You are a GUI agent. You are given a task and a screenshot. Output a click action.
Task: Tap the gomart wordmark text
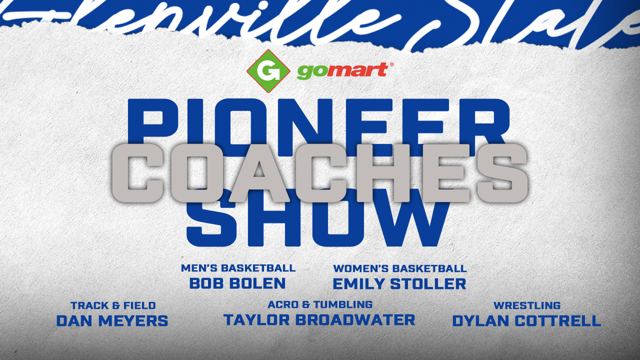[x=342, y=71]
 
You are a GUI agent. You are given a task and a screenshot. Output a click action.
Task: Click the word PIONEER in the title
[x=319, y=122]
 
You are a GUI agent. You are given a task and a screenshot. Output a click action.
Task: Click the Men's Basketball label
[x=238, y=268]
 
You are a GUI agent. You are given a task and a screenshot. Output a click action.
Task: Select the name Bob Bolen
[x=237, y=283]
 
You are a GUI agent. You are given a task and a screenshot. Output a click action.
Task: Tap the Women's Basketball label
[x=400, y=268]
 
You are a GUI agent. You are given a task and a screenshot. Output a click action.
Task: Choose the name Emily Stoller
[x=399, y=284]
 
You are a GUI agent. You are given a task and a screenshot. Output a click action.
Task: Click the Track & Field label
[x=113, y=305]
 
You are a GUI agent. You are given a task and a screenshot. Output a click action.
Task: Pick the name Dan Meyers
[x=112, y=320]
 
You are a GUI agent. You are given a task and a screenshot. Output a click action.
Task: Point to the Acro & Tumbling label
[x=320, y=304]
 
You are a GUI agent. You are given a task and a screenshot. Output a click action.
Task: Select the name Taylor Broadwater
[x=319, y=319]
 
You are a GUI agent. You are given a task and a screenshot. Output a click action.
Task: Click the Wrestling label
[x=527, y=305]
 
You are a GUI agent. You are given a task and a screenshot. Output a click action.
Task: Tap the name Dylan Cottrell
[x=526, y=320]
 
